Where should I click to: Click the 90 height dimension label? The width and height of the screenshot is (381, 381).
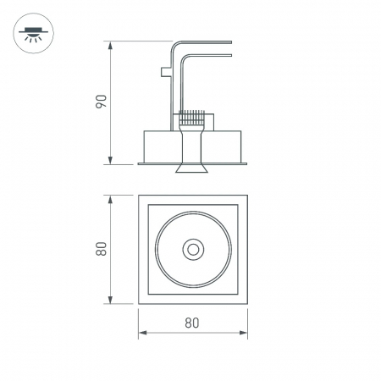(x=102, y=102)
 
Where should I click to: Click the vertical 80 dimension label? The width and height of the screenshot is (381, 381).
(x=102, y=249)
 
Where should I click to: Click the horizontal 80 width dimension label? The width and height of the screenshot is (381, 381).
(x=192, y=323)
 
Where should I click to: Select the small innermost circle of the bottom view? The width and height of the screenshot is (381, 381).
(x=193, y=250)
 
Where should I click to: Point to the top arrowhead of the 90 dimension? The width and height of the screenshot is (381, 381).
(x=110, y=45)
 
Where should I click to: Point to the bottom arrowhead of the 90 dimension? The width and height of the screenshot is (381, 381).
(x=110, y=160)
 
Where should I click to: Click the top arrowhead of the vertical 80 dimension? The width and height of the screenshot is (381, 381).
(x=110, y=199)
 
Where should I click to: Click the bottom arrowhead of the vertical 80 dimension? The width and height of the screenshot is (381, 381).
(x=110, y=300)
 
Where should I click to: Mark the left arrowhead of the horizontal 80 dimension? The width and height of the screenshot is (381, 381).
(x=143, y=333)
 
